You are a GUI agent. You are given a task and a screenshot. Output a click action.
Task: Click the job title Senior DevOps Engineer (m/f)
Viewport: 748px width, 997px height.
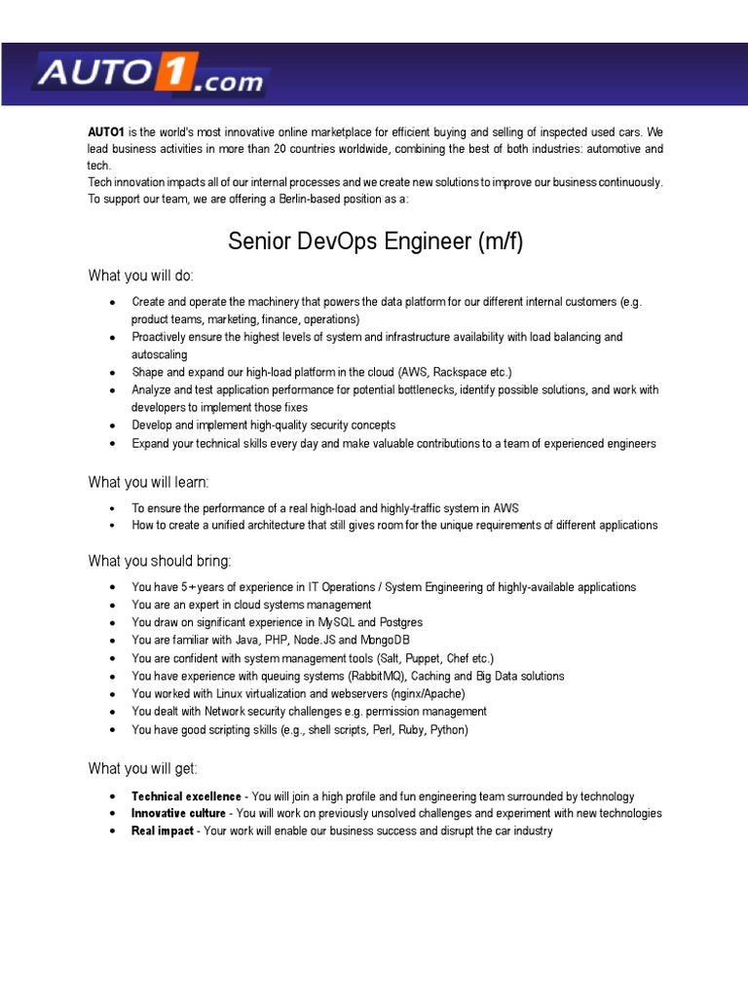point(375,241)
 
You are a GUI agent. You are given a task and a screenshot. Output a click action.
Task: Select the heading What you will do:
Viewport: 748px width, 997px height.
point(141,276)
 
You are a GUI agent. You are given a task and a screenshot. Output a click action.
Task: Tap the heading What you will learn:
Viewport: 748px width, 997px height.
point(148,482)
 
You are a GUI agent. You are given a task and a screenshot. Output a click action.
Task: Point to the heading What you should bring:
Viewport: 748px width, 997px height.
point(160,561)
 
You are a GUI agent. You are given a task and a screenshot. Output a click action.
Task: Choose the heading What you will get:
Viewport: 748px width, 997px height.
point(142,768)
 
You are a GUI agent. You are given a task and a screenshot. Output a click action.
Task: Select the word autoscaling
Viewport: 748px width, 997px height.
point(160,354)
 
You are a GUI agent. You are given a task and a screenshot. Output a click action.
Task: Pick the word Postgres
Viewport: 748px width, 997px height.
point(401,622)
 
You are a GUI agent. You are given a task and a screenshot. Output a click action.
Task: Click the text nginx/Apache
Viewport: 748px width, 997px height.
point(423,694)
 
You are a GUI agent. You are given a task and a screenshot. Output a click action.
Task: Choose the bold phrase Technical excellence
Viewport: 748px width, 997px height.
point(186,796)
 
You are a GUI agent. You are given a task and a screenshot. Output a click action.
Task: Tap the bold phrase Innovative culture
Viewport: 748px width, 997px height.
point(178,813)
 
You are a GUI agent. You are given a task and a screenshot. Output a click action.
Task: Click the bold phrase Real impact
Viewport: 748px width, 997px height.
point(162,831)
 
